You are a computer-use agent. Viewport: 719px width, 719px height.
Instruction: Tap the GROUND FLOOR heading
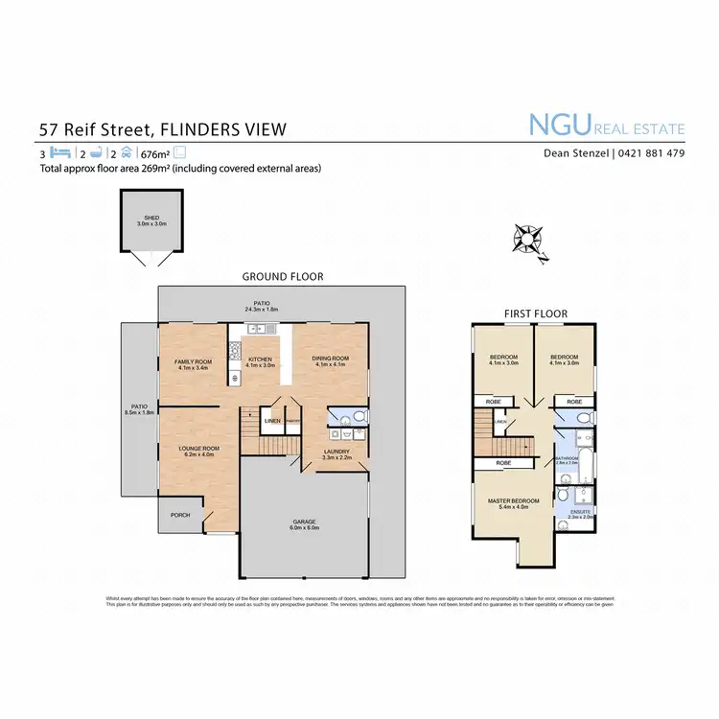[x=282, y=276]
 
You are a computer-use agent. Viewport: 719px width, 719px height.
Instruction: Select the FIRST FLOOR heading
[x=535, y=313]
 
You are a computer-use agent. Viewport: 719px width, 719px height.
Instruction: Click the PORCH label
[x=180, y=515]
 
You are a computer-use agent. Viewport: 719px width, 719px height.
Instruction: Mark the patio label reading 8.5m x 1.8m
[x=139, y=409]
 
